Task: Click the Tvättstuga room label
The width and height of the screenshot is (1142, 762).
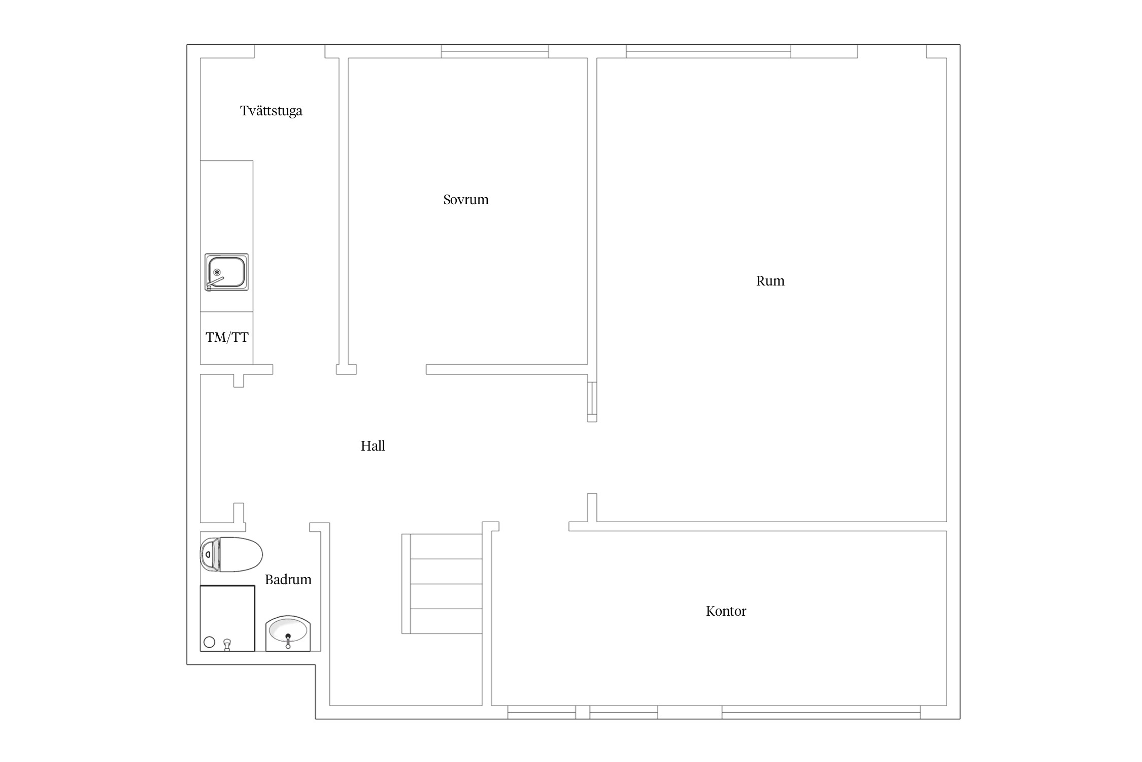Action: [271, 111]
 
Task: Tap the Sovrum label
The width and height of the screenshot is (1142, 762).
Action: [466, 200]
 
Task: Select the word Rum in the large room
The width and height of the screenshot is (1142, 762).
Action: [770, 281]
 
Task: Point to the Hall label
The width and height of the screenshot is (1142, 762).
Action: [373, 446]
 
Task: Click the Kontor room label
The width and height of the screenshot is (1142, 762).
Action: [726, 611]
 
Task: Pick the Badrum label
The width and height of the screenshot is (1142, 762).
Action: [288, 580]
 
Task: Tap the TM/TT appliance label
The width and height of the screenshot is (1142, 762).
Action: [227, 337]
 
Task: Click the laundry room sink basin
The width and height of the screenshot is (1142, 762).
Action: [227, 272]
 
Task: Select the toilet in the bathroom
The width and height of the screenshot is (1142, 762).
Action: [231, 554]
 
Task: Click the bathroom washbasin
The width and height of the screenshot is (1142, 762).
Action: [288, 633]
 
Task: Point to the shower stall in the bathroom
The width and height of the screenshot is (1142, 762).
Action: [227, 618]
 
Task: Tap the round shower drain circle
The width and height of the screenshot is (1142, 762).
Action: [209, 642]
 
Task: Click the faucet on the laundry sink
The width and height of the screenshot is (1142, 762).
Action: [215, 282]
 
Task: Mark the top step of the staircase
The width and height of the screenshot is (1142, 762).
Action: [446, 547]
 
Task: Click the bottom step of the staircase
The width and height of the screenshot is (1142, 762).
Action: [446, 621]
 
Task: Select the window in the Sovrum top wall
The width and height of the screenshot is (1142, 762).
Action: [495, 51]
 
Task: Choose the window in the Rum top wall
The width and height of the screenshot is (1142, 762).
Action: [709, 51]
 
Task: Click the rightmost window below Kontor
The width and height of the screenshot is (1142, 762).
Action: [821, 712]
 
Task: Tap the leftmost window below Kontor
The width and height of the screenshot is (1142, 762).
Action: [542, 712]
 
